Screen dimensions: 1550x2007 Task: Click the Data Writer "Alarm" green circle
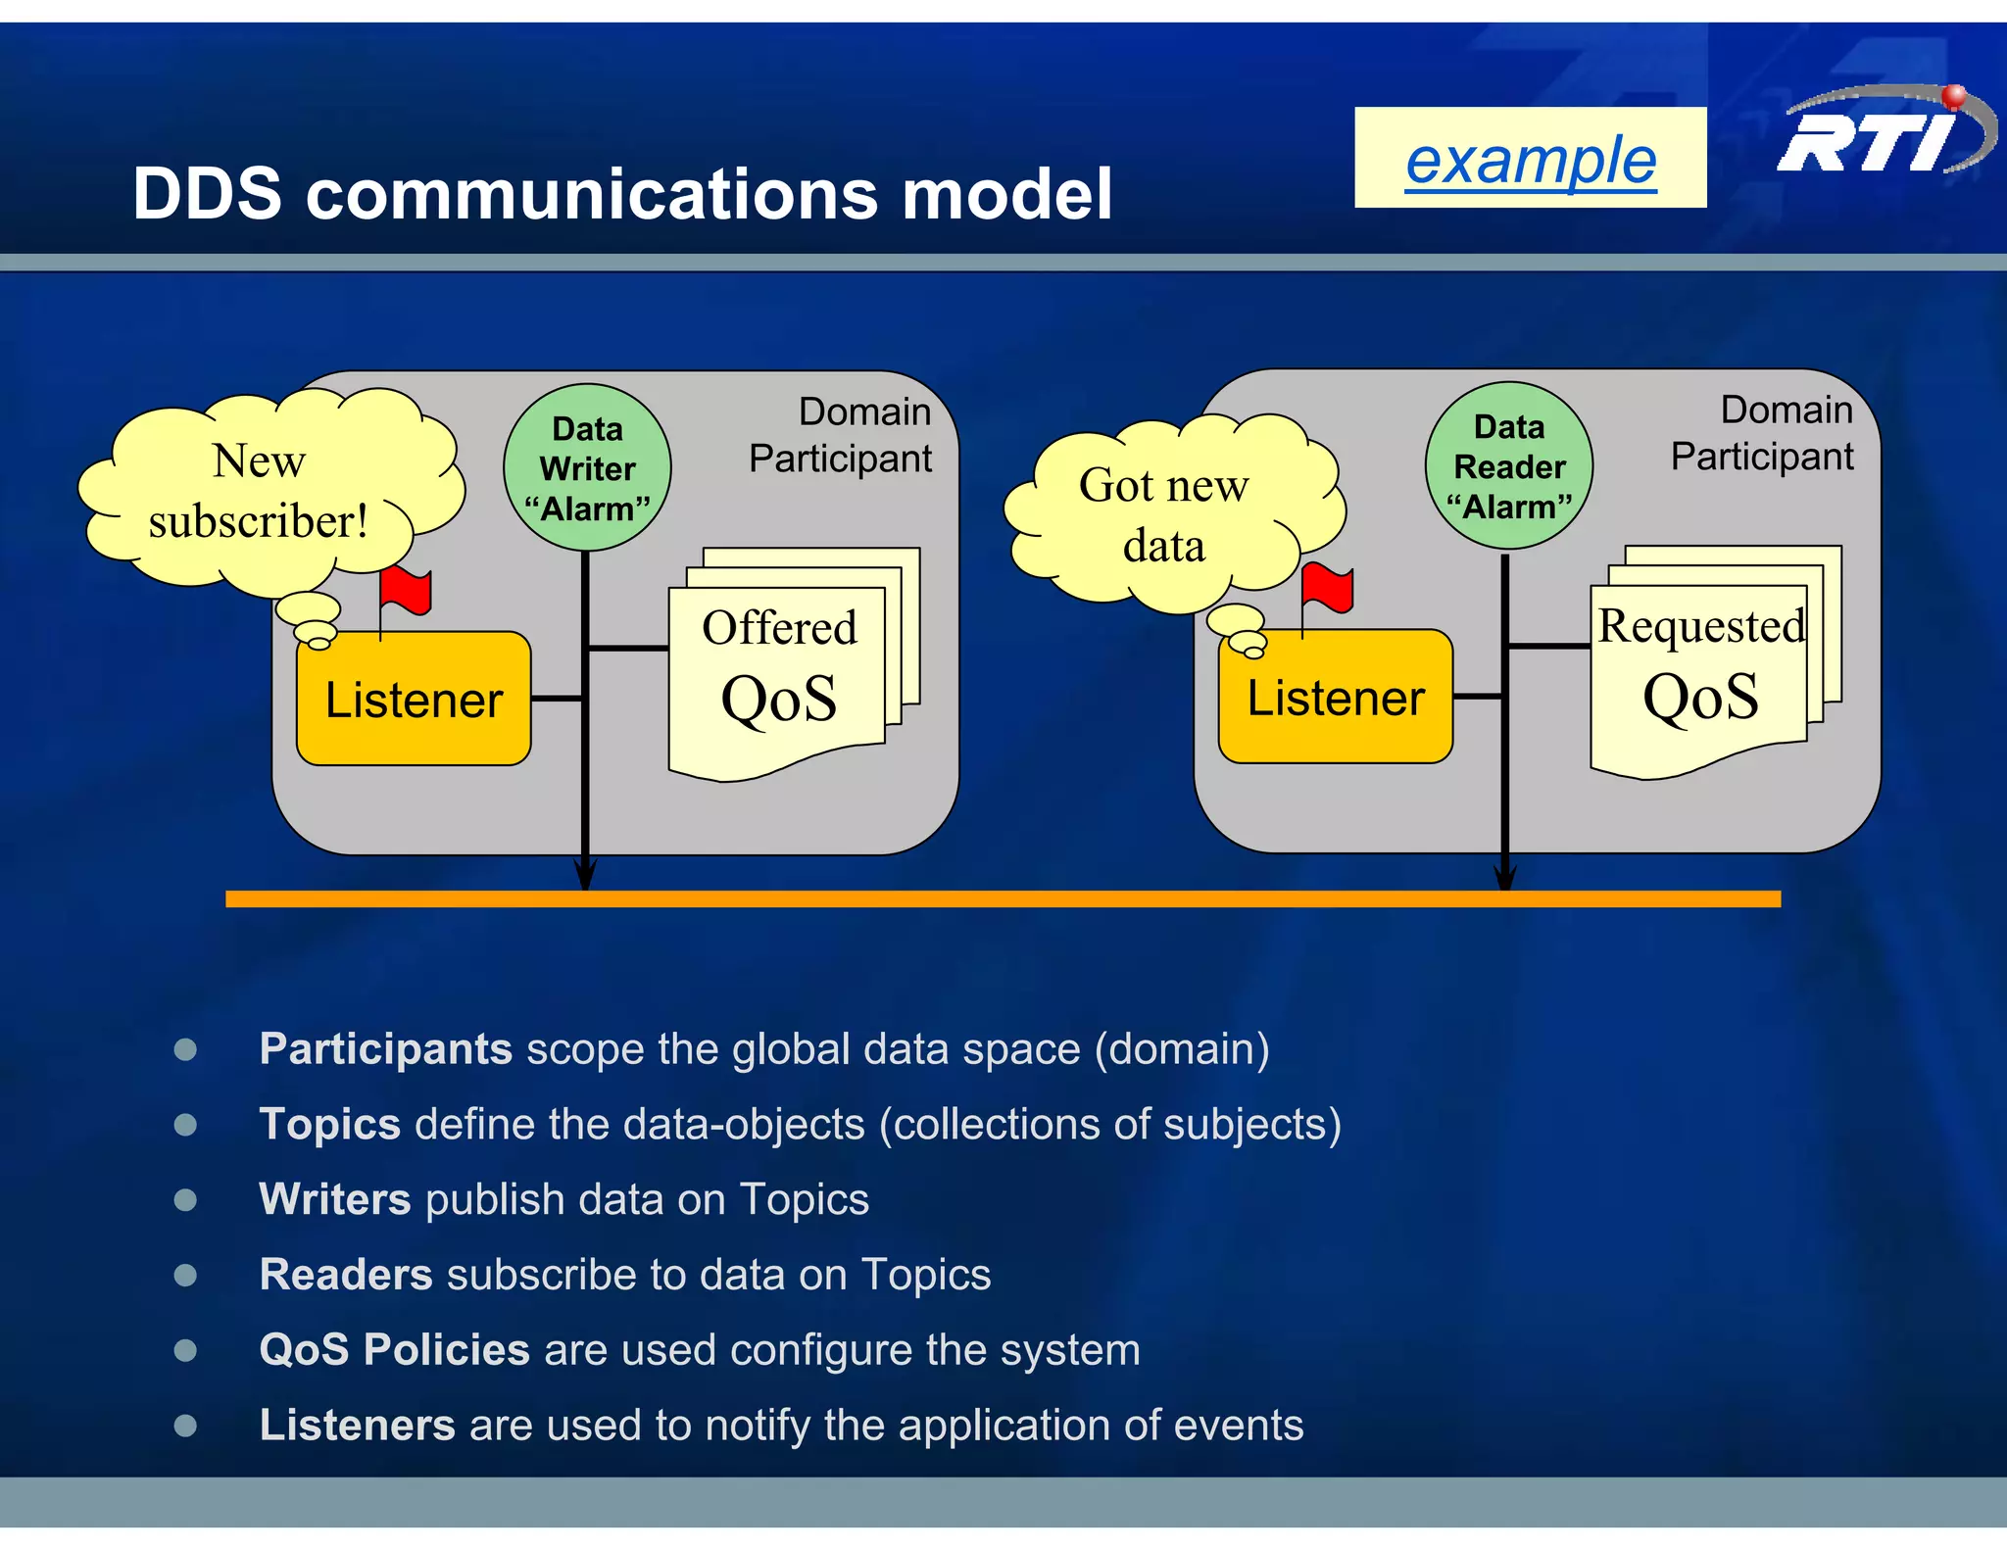[587, 468]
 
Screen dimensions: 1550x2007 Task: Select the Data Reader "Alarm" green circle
[1508, 466]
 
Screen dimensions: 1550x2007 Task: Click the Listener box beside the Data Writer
[414, 700]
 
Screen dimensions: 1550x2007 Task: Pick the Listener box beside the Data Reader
[1335, 698]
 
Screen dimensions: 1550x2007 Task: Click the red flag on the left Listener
[405, 590]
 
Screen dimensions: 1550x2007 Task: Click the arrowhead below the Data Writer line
[585, 874]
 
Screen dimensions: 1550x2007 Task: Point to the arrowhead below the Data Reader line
[1505, 874]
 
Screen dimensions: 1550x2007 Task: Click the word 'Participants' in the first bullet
[385, 1049]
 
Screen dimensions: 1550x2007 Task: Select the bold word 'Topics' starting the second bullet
[329, 1124]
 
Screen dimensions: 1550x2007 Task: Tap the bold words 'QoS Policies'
[394, 1349]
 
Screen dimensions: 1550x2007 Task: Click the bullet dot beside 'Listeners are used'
[185, 1425]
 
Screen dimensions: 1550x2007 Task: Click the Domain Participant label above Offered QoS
[841, 435]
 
